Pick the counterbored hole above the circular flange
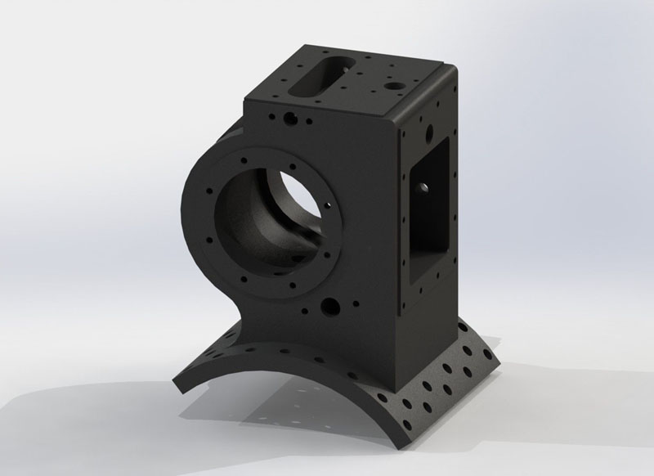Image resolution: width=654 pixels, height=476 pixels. click(288, 119)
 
